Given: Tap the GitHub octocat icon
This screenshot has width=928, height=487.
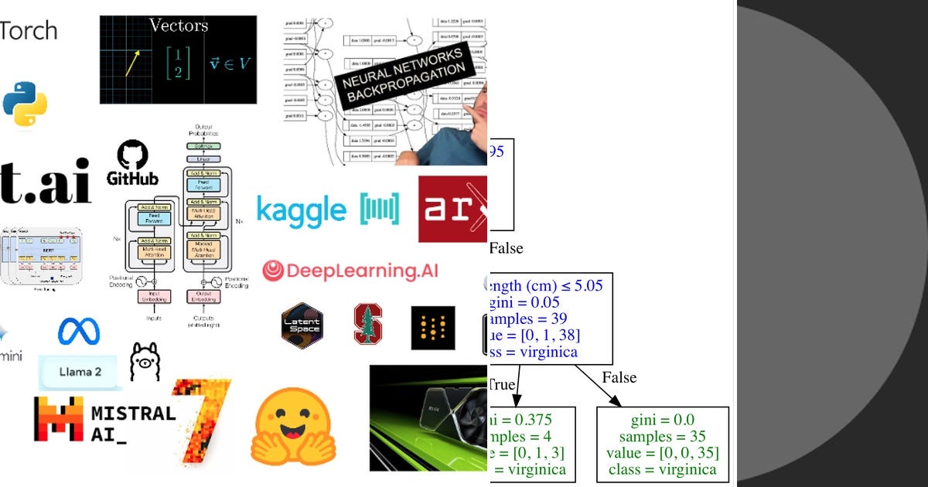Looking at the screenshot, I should (x=132, y=155).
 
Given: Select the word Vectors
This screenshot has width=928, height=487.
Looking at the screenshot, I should (x=179, y=26).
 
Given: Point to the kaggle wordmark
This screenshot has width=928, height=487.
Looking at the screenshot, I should (x=301, y=209).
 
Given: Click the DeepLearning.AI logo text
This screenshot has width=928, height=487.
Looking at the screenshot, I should (x=362, y=271).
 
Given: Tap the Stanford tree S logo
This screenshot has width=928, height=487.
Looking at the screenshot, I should (x=368, y=324).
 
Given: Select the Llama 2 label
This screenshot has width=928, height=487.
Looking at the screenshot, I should (x=80, y=373).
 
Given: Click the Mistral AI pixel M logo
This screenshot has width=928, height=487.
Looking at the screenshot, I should (x=59, y=418).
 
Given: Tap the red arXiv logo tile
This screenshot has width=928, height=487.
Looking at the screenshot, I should (x=453, y=209).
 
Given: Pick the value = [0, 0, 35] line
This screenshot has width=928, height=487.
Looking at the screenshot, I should (x=663, y=453).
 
